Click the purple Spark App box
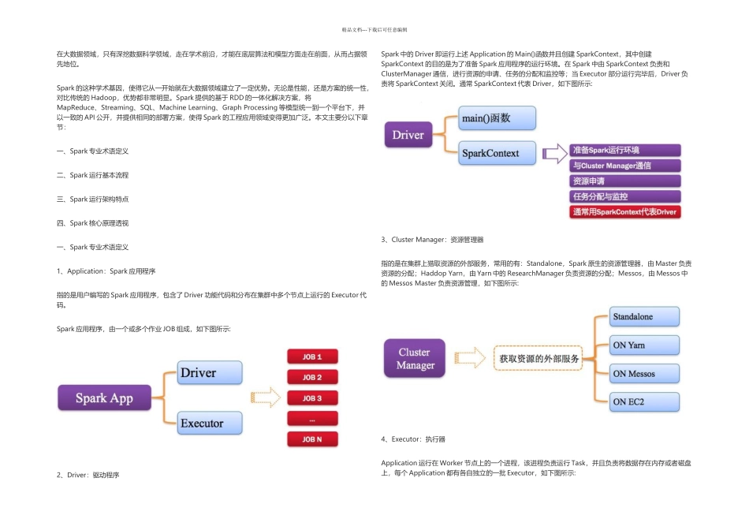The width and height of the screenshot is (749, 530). (103, 397)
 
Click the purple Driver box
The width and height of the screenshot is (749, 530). (408, 135)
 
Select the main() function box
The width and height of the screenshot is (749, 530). (497, 119)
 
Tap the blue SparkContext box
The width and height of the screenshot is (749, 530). (497, 153)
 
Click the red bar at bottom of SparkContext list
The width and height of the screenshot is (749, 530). (625, 211)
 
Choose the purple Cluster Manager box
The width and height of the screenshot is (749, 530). (415, 359)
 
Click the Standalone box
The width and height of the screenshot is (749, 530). (643, 317)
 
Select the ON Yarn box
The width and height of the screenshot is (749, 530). (643, 345)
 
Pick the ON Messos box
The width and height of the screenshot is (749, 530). (643, 374)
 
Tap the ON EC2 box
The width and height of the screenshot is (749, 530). (643, 402)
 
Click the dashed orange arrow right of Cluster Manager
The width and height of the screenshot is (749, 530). (470, 359)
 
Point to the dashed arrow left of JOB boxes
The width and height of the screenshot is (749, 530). (263, 397)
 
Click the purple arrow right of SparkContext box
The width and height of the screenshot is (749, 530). (556, 153)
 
